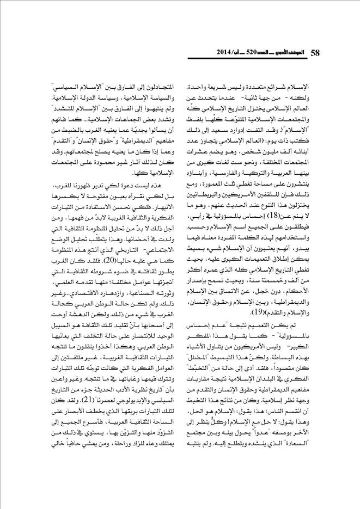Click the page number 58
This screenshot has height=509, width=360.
tap(315, 52)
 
